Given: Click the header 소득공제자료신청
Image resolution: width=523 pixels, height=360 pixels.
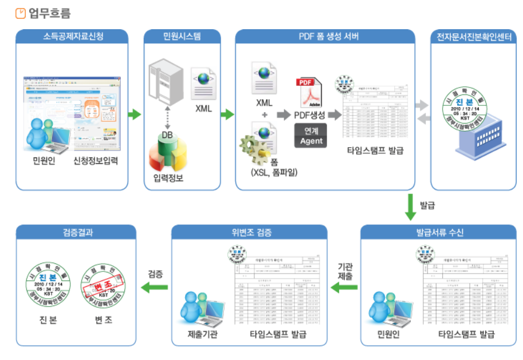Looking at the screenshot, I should [x=72, y=37].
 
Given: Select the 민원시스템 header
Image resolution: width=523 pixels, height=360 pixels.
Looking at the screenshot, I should [x=182, y=37].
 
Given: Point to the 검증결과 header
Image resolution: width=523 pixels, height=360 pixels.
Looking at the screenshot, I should [x=76, y=233].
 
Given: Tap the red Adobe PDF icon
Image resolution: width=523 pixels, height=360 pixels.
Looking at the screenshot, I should [x=310, y=91].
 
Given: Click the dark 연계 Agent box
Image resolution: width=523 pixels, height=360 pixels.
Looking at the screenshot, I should [x=311, y=136].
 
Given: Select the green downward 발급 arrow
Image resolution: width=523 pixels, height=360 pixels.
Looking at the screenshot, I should [x=410, y=207].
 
